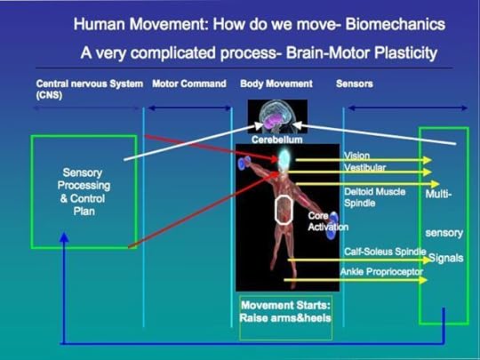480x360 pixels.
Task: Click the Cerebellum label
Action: tap(276, 140)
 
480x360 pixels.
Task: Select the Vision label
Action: tap(356, 156)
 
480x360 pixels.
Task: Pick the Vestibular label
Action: tap(364, 168)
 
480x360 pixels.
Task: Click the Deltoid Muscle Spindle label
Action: tap(374, 196)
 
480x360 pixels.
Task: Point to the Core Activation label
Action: tap(328, 221)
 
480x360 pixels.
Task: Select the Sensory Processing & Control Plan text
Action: tap(84, 192)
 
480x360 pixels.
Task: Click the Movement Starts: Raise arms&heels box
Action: tap(285, 317)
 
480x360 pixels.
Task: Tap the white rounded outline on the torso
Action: tap(283, 210)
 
